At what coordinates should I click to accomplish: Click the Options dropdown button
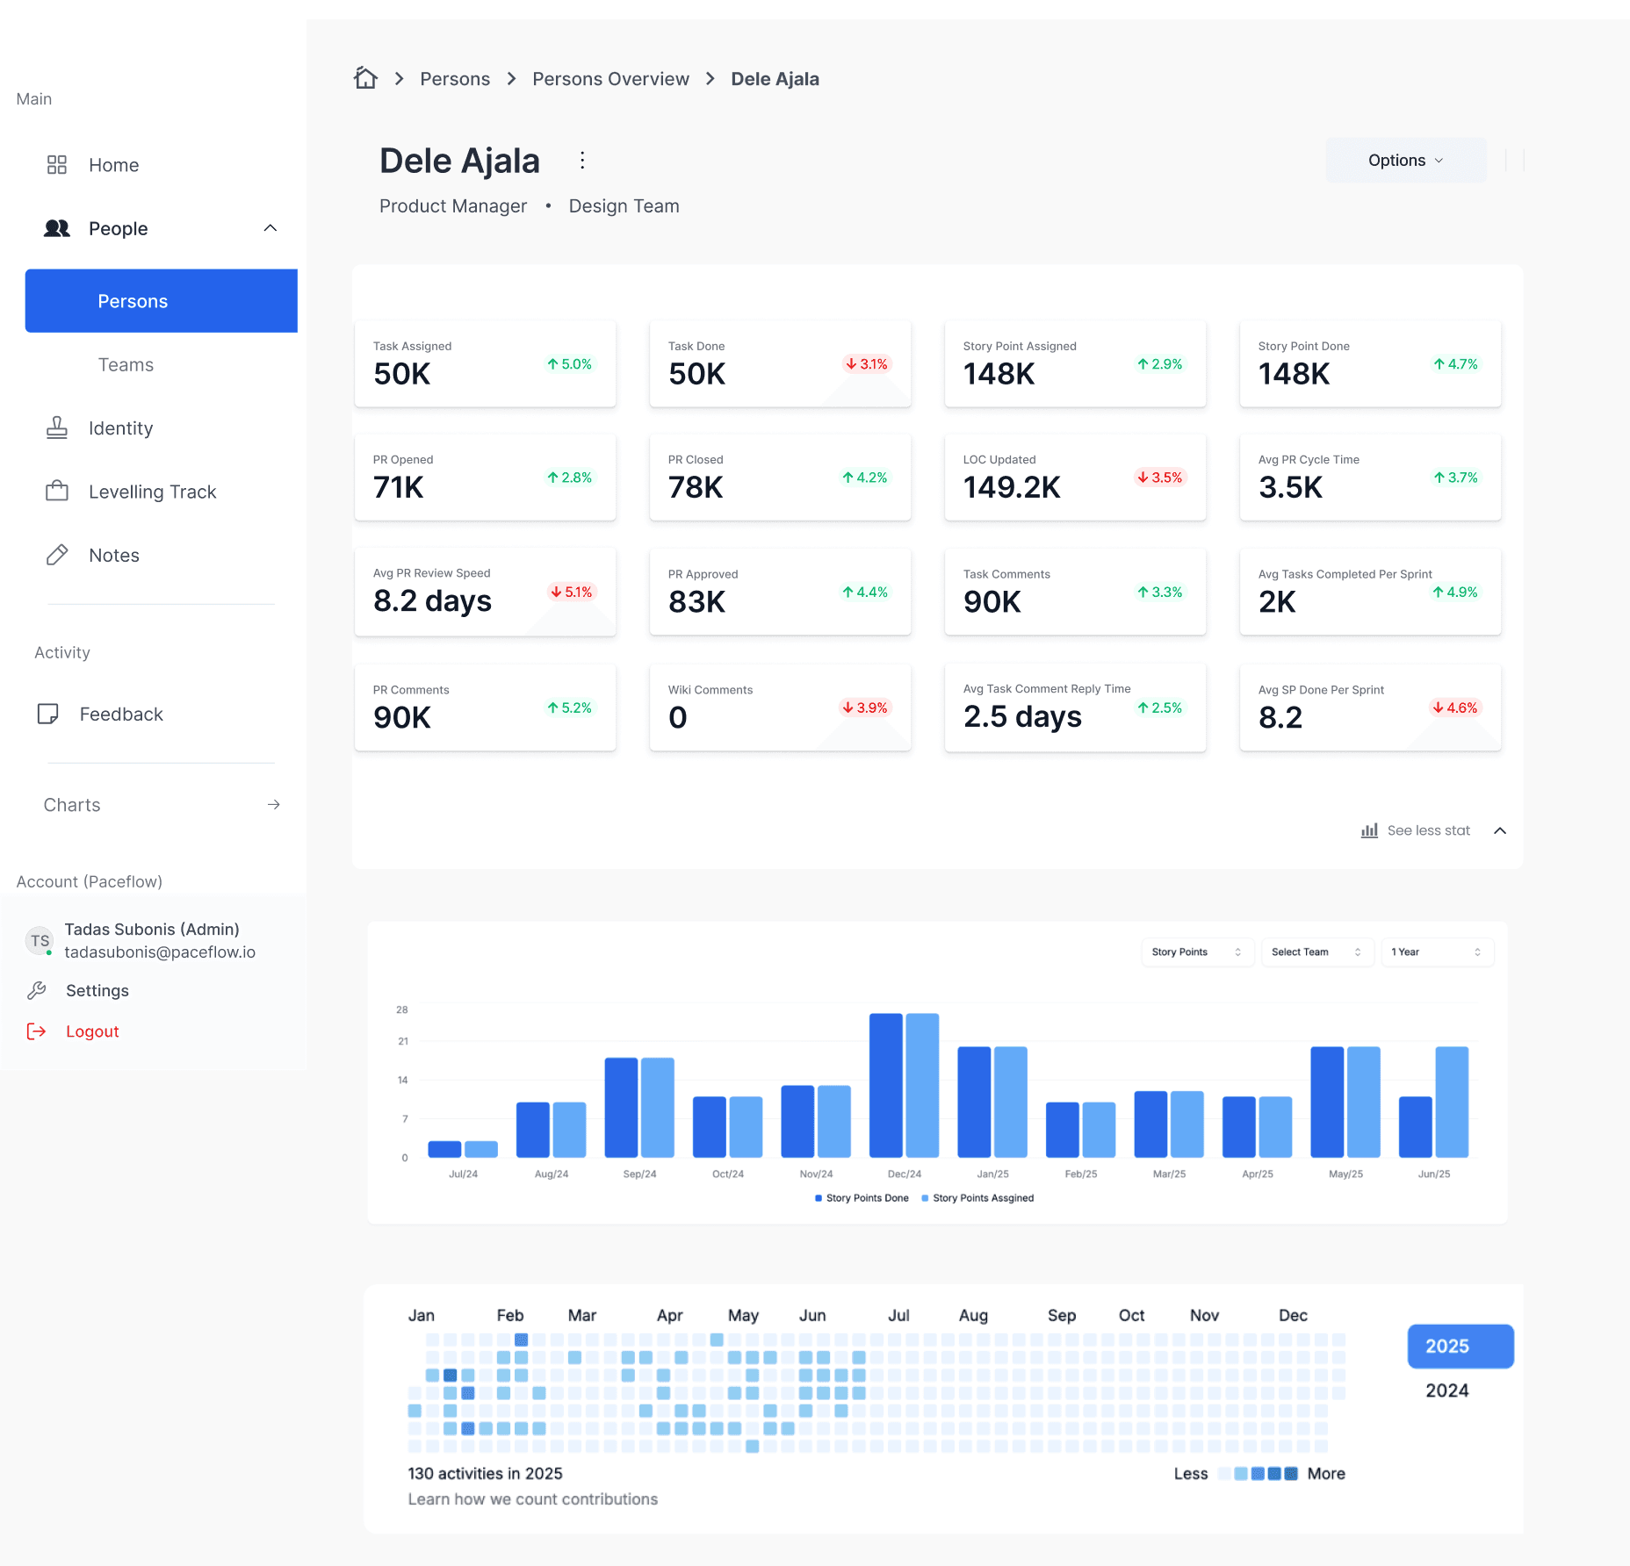tap(1405, 161)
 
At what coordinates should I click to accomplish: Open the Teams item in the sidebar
tap(126, 365)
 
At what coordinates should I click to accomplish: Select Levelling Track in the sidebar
tap(152, 492)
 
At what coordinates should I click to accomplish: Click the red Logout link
tap(92, 1031)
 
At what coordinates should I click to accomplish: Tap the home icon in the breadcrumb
tap(365, 78)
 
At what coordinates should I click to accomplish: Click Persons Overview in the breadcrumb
tap(610, 79)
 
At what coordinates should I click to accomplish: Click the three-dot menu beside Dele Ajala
tap(582, 160)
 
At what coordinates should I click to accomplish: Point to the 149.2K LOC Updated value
tap(1012, 487)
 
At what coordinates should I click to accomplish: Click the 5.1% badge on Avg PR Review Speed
tap(572, 592)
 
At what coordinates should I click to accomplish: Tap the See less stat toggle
tap(1428, 830)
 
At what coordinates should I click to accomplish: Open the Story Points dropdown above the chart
tap(1196, 952)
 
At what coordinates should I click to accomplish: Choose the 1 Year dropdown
tap(1436, 952)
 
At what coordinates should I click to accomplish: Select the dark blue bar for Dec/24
tap(886, 1085)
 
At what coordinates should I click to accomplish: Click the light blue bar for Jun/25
tap(1452, 1102)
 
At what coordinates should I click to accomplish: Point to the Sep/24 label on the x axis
tap(639, 1174)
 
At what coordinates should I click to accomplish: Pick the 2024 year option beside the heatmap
tap(1446, 1390)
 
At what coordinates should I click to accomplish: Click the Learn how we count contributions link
tap(532, 1499)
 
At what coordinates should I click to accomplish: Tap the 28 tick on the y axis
tap(402, 1009)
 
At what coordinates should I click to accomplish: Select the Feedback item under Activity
tap(121, 715)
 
